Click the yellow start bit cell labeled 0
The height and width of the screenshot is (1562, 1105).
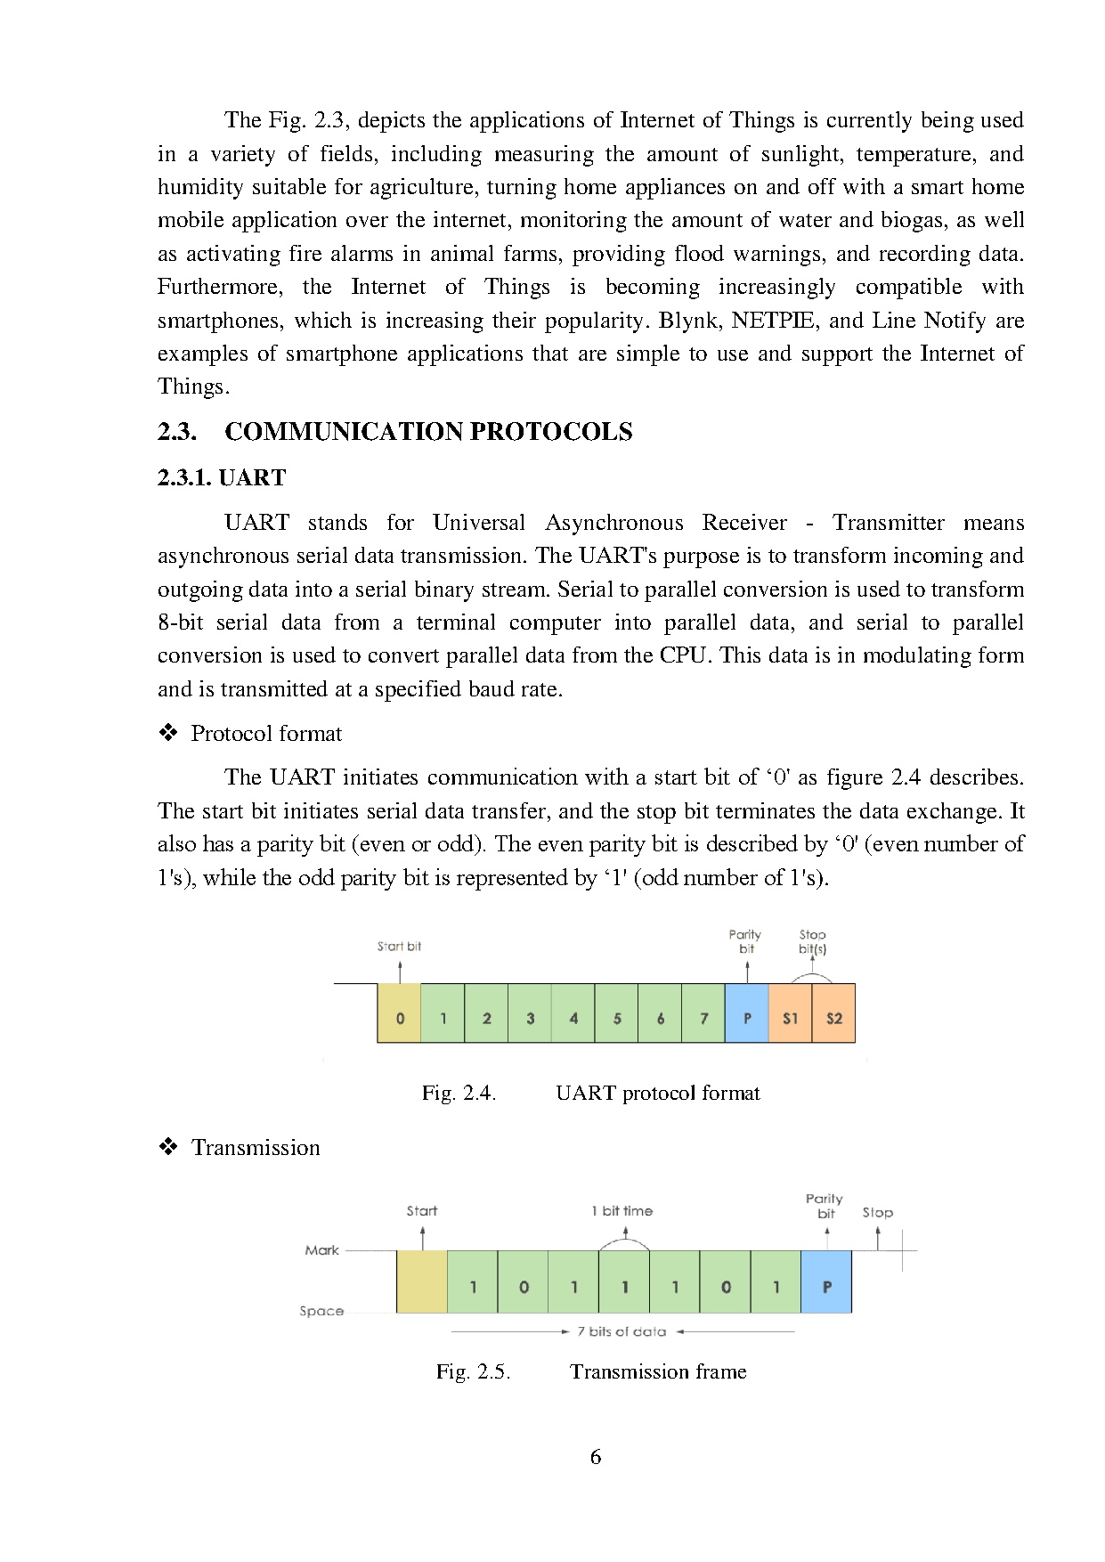pyautogui.click(x=399, y=1013)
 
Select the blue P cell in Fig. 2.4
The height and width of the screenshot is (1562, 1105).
pyautogui.click(x=747, y=1013)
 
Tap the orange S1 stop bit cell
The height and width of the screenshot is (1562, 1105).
pyautogui.click(x=790, y=1013)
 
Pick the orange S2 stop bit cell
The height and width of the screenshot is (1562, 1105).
pyautogui.click(x=833, y=1013)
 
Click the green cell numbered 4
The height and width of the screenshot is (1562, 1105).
pyautogui.click(x=573, y=1013)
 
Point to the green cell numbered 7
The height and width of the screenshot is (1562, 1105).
pyautogui.click(x=703, y=1013)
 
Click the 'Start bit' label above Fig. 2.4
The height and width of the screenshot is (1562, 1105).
pyautogui.click(x=399, y=947)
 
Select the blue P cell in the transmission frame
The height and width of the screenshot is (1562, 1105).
pyautogui.click(x=826, y=1281)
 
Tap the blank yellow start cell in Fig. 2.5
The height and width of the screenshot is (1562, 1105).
pyautogui.click(x=421, y=1281)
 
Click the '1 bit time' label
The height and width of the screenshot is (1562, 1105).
pyautogui.click(x=622, y=1211)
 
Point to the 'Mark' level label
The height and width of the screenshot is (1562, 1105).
pyautogui.click(x=321, y=1250)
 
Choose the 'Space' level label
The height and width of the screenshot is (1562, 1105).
pyautogui.click(x=321, y=1311)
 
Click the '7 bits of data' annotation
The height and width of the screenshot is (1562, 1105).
pyautogui.click(x=622, y=1332)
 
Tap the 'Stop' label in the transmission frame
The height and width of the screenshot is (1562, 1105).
pyautogui.click(x=877, y=1213)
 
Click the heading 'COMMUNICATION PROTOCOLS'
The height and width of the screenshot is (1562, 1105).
pyautogui.click(x=428, y=432)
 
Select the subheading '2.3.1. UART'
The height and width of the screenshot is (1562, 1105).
pyautogui.click(x=222, y=478)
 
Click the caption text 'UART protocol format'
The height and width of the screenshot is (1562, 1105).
pyautogui.click(x=657, y=1094)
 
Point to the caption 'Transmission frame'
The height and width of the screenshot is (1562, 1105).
pyautogui.click(x=658, y=1371)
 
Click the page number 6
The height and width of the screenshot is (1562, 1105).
pyautogui.click(x=596, y=1457)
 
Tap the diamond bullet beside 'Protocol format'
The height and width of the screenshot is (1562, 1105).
pyautogui.click(x=168, y=734)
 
